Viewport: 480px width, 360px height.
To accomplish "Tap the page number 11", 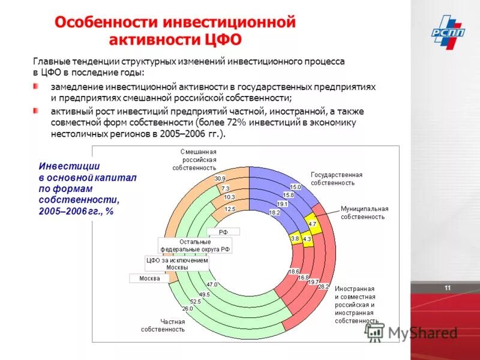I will (448, 289).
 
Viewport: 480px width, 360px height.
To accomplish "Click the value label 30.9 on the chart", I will (220, 179).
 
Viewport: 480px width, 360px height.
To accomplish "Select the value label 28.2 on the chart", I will (323, 287).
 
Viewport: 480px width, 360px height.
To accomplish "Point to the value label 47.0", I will (212, 284).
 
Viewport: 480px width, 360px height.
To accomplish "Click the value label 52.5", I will (195, 301).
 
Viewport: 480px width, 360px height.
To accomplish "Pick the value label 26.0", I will (187, 308).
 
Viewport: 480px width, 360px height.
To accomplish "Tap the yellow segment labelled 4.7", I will (312, 224).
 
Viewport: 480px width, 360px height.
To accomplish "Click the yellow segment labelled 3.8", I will (295, 238).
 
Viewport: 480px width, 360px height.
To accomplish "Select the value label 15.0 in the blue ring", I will (295, 187).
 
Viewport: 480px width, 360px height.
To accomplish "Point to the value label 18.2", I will (274, 212).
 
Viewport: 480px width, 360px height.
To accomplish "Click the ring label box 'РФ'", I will (223, 231).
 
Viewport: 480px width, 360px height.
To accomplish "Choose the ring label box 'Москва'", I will (149, 278).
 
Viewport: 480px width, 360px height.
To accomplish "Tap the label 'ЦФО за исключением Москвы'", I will (177, 264).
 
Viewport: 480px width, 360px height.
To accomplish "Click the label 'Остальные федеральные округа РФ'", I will (195, 245).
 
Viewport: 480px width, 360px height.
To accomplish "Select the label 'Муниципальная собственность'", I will (364, 212).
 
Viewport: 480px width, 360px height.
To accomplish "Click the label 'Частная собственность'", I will (163, 325).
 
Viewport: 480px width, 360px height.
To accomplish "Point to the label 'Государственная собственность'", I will (337, 178).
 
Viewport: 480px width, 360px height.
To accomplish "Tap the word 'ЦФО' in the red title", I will (221, 39).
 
